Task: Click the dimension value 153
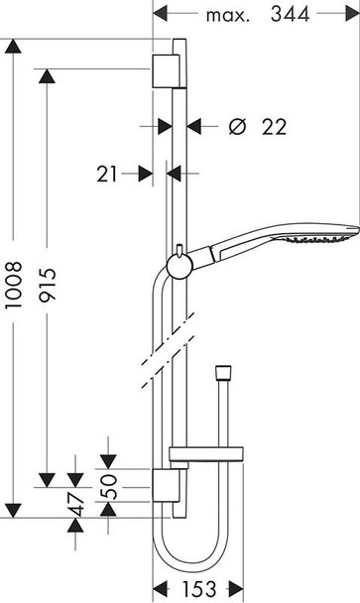(x=198, y=588)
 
